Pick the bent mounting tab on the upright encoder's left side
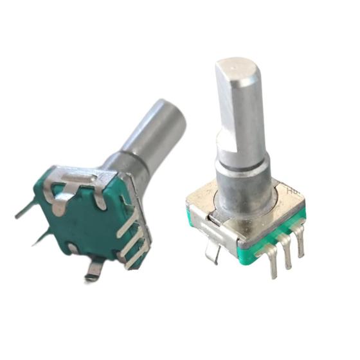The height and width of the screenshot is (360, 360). click(x=212, y=241)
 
